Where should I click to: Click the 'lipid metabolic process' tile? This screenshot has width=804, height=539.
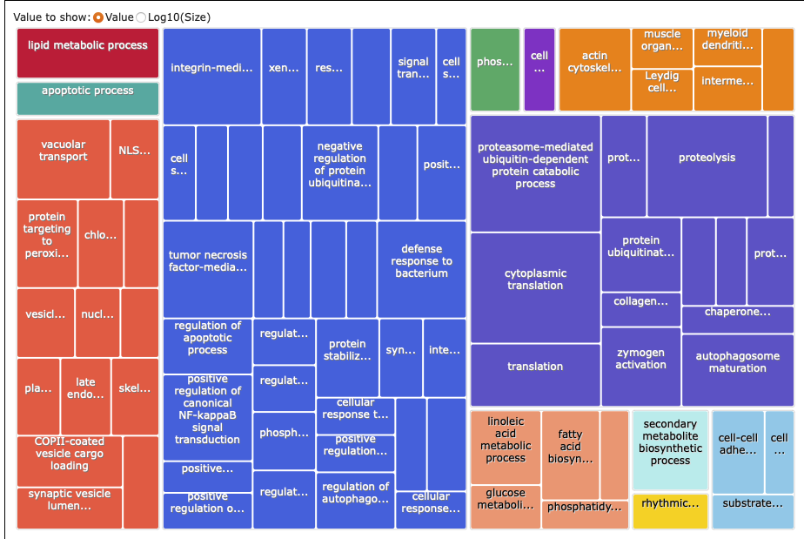(x=87, y=52)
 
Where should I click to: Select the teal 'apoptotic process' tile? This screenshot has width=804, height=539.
(x=87, y=98)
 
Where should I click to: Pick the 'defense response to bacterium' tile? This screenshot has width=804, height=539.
(x=421, y=269)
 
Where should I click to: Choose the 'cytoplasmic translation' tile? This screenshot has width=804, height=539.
(x=535, y=287)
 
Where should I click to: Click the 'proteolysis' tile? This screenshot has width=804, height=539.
(x=707, y=165)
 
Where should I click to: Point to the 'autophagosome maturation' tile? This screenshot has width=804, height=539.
(x=737, y=362)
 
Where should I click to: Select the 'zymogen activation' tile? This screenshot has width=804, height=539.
(x=640, y=366)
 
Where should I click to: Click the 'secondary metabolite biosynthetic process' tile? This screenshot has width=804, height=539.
(x=670, y=448)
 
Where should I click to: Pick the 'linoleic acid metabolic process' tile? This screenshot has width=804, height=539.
(x=506, y=446)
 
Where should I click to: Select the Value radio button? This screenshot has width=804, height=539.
(x=98, y=17)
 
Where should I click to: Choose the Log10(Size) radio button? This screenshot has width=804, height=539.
(x=142, y=17)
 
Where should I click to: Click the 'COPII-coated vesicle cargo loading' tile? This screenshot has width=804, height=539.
(x=70, y=460)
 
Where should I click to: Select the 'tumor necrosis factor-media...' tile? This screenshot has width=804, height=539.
(x=208, y=269)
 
